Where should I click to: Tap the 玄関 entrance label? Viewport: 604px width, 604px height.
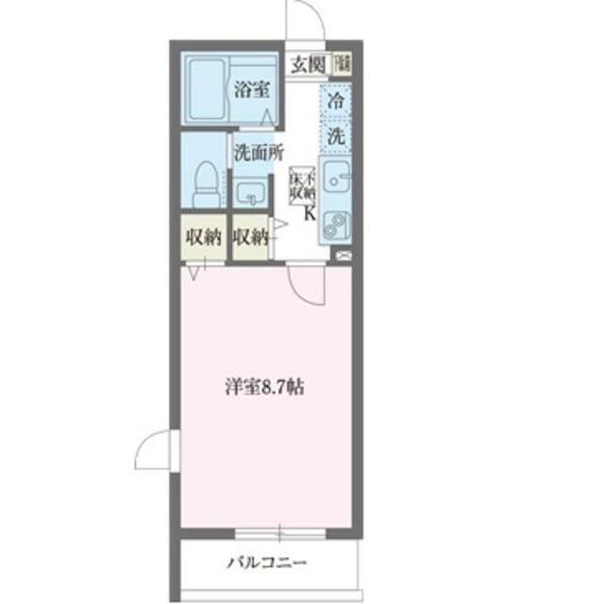tap(307, 64)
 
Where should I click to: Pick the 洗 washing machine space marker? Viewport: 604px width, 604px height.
tap(336, 134)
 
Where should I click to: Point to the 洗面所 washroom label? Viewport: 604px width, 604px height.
tap(259, 150)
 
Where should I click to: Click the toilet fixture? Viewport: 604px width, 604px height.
tap(205, 182)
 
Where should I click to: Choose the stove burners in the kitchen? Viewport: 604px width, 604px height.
tap(335, 225)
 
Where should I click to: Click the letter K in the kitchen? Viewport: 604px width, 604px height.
tap(309, 213)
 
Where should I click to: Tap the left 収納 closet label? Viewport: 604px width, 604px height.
tap(202, 237)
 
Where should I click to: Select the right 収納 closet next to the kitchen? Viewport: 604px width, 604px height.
tap(250, 237)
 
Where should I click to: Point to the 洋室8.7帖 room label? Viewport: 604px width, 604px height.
tap(264, 387)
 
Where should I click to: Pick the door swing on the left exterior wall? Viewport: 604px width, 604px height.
tap(155, 453)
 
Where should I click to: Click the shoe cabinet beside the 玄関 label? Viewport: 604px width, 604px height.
tap(343, 64)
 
